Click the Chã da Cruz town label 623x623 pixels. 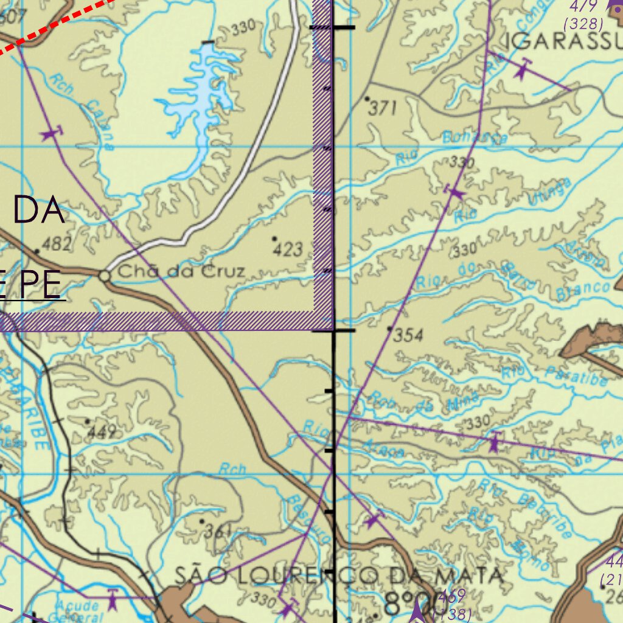pos(181,272)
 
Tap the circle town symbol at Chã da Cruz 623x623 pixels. pos(105,276)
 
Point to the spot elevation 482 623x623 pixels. pos(55,244)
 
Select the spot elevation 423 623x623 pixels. pos(288,249)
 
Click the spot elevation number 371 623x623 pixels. pos(383,108)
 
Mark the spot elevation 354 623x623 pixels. pos(408,335)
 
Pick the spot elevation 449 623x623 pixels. pos(102,432)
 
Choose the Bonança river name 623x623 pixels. pos(475,139)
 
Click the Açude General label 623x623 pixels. pos(77,610)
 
